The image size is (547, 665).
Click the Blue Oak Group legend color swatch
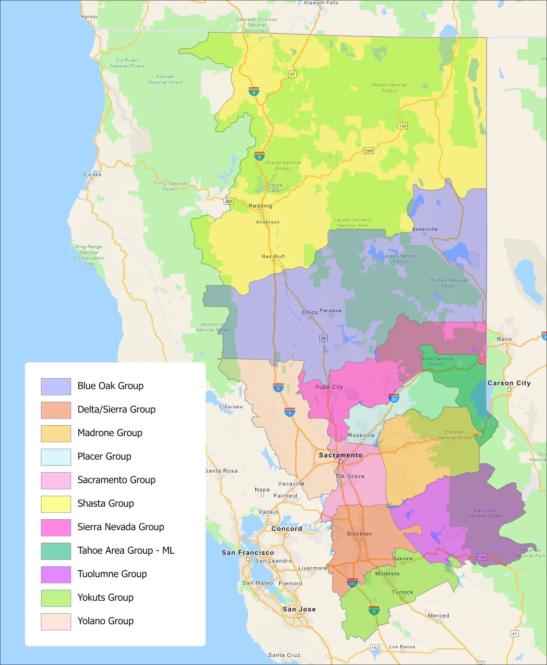click(x=56, y=386)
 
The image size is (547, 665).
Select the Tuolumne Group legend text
click(x=112, y=574)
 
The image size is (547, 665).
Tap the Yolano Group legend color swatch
click(x=56, y=621)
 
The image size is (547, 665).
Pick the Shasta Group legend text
click(x=106, y=503)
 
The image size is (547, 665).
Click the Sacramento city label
click(x=341, y=455)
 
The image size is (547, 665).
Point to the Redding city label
click(x=260, y=206)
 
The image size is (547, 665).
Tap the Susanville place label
click(x=425, y=229)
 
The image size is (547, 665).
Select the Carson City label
click(x=509, y=383)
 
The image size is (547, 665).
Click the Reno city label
click(x=504, y=339)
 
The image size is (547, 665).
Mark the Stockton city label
click(x=359, y=534)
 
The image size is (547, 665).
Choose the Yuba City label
click(x=329, y=387)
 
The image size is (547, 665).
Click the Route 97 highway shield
click(x=292, y=74)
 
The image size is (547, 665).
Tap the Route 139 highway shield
click(x=402, y=126)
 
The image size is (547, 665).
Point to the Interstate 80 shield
click(x=394, y=398)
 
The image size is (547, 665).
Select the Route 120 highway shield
click(x=482, y=557)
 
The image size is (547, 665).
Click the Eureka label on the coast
click(x=93, y=175)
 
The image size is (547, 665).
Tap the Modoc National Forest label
click(x=389, y=87)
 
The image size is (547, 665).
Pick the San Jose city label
click(x=299, y=609)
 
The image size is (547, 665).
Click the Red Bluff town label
click(x=273, y=257)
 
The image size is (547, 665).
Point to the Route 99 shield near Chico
click(x=323, y=338)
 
